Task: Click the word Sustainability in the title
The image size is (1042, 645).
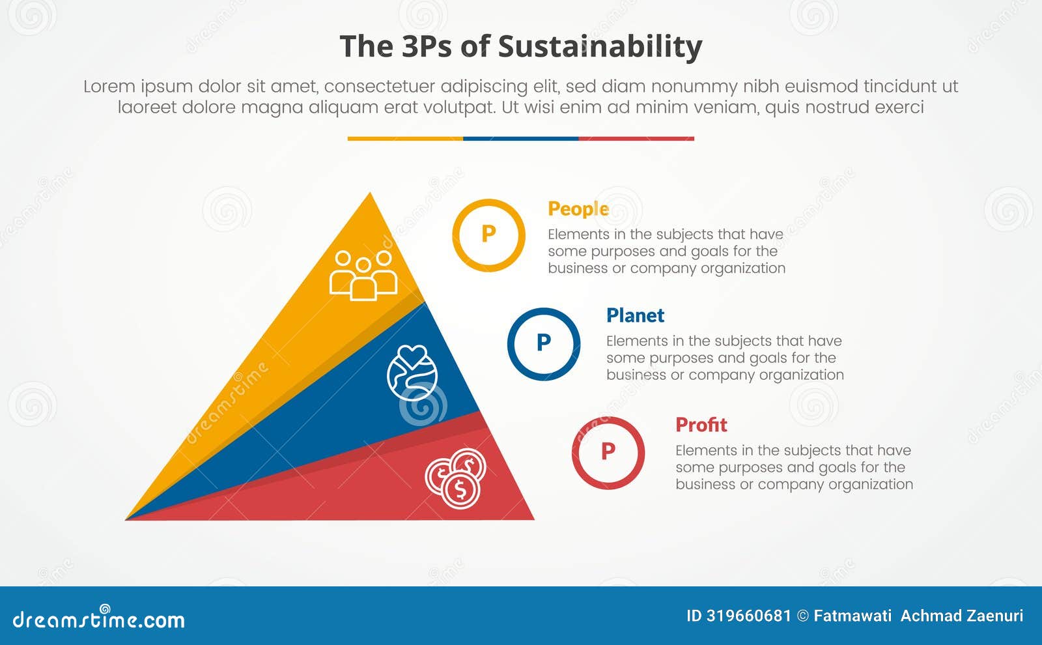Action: (x=600, y=47)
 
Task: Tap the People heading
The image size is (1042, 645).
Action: (x=578, y=208)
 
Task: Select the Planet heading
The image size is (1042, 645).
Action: (x=635, y=315)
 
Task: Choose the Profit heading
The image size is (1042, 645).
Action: (x=701, y=425)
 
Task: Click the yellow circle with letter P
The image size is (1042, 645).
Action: (x=488, y=235)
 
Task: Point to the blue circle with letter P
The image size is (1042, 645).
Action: (x=544, y=343)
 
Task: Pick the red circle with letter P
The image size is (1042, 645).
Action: (x=608, y=452)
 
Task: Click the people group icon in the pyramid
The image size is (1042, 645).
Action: (x=363, y=275)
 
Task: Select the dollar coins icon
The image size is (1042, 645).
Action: (x=457, y=478)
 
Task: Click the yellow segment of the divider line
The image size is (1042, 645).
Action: (x=405, y=139)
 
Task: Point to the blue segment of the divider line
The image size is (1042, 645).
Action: (x=520, y=139)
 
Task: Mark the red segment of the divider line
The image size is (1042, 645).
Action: (x=636, y=139)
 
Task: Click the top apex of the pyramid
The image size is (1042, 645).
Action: (x=371, y=194)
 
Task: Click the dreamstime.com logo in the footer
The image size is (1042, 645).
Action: (x=98, y=619)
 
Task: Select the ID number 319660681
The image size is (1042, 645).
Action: (x=748, y=616)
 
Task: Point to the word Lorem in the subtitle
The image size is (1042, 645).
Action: (x=109, y=87)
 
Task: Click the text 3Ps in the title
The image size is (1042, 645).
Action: (x=427, y=47)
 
